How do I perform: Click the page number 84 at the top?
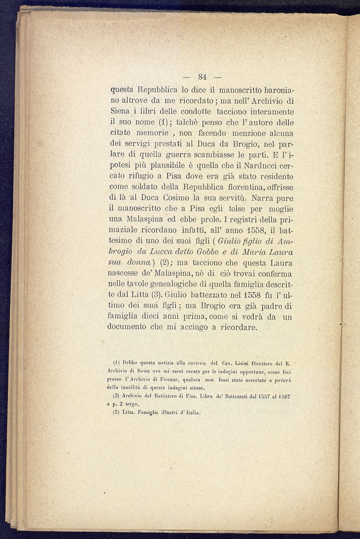[202, 77]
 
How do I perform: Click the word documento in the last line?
[127, 327]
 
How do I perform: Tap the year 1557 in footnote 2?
[261, 396]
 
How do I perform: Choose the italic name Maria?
[254, 252]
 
